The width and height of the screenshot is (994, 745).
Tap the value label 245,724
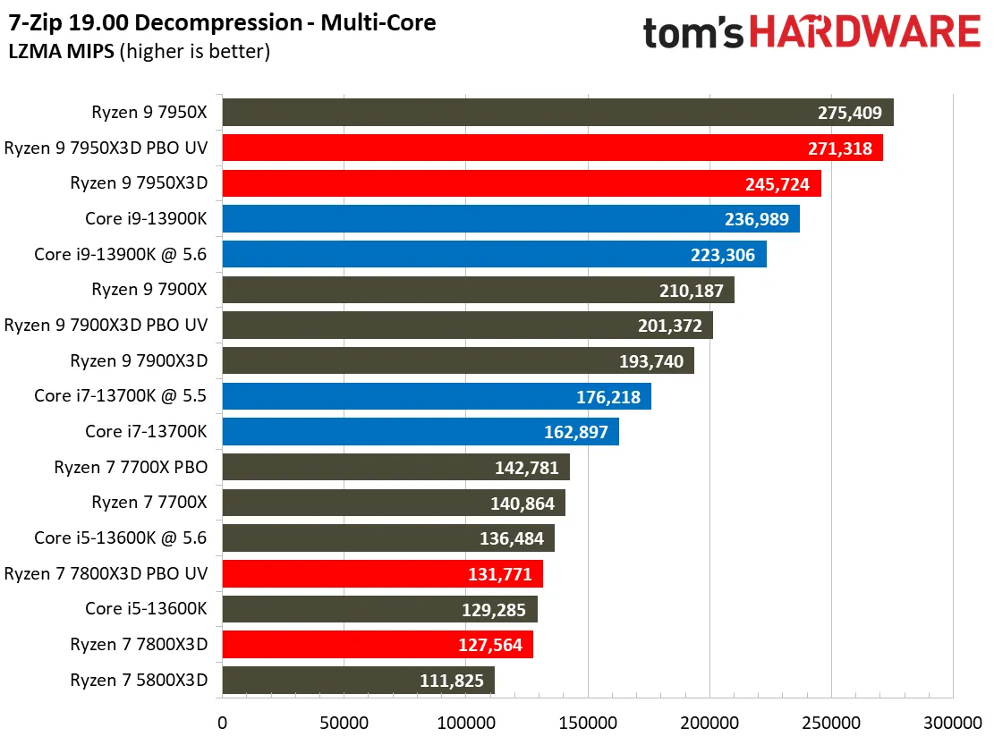776,184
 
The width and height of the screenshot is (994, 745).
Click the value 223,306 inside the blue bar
722,255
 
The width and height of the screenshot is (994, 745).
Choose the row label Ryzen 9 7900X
149,290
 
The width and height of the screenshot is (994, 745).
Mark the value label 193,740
650,361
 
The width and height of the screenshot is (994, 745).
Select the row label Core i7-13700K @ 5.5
121,396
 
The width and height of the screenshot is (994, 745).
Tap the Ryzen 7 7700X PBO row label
131,467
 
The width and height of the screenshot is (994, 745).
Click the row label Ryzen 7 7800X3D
139,644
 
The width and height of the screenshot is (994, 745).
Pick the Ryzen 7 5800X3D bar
358,680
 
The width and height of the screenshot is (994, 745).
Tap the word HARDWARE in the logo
864,33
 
